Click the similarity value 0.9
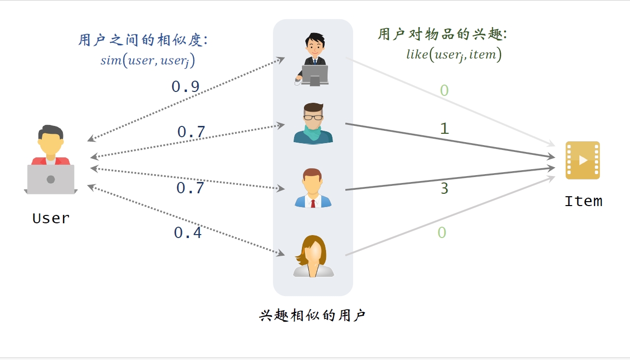pyautogui.click(x=185, y=87)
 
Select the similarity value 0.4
pyautogui.click(x=188, y=233)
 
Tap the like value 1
pyautogui.click(x=444, y=129)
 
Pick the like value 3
pyautogui.click(x=444, y=189)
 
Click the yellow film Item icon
pyautogui.click(x=583, y=160)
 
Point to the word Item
pyautogui.click(x=583, y=201)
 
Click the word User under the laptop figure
pyautogui.click(x=51, y=218)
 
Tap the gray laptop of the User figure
pyautogui.click(x=51, y=179)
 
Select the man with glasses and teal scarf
pyautogui.click(x=313, y=124)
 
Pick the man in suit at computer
pyautogui.click(x=313, y=59)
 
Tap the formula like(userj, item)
pyautogui.click(x=453, y=55)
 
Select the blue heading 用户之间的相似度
pyautogui.click(x=143, y=40)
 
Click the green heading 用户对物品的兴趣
pyautogui.click(x=442, y=34)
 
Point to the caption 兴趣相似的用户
pyautogui.click(x=312, y=315)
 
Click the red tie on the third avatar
pyautogui.click(x=313, y=202)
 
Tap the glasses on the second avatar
pyautogui.click(x=313, y=118)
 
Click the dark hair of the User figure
pyautogui.click(x=52, y=132)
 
